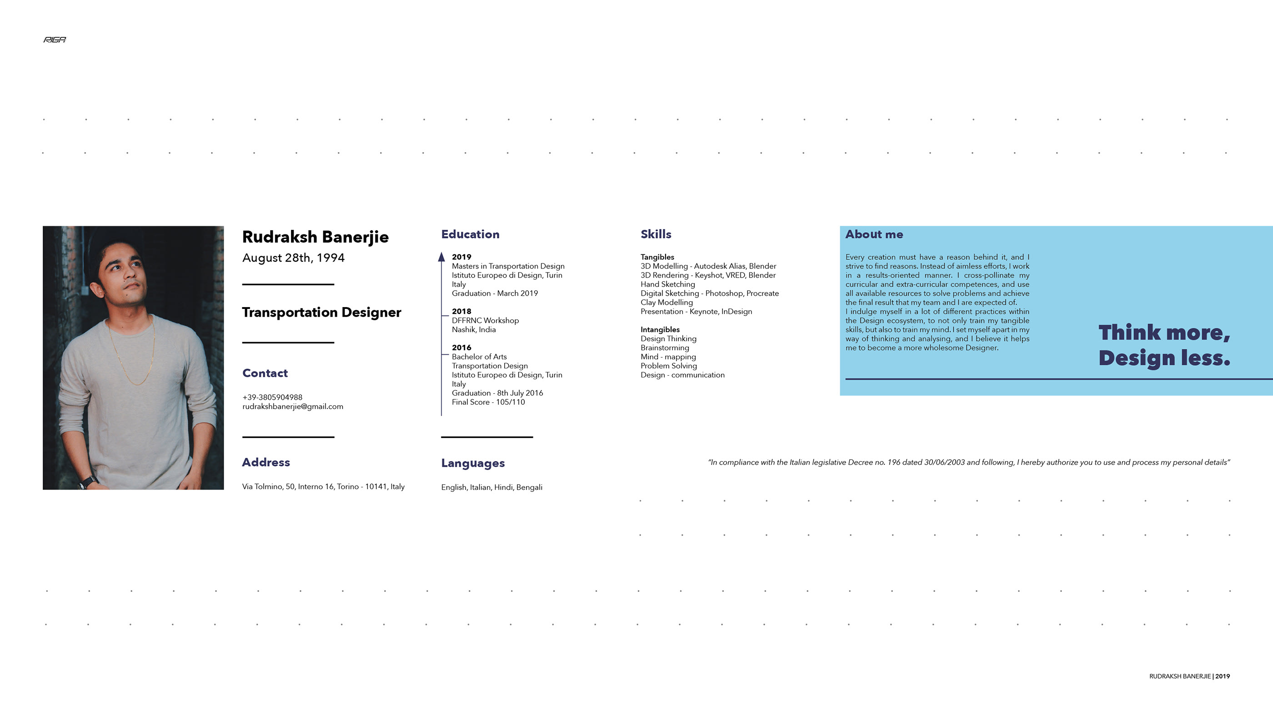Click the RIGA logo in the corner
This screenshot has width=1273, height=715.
(55, 40)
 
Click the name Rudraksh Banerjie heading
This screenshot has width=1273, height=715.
(315, 237)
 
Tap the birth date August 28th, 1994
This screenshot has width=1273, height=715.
(293, 258)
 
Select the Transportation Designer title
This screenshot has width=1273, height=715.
(321, 313)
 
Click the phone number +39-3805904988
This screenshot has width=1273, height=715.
(272, 397)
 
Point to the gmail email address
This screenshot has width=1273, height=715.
(292, 407)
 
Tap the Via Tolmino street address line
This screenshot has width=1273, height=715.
(323, 487)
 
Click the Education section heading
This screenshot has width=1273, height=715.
(470, 234)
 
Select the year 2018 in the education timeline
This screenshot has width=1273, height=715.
(461, 312)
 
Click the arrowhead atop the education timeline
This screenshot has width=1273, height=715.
(441, 257)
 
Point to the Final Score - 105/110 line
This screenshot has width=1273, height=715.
(488, 402)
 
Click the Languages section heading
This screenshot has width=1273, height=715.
(473, 463)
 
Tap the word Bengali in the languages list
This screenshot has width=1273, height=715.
(529, 487)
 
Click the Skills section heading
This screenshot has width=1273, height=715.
(656, 234)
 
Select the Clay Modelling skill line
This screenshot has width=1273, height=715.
(667, 303)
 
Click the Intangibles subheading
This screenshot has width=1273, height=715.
(660, 330)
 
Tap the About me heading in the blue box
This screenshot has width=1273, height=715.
(874, 234)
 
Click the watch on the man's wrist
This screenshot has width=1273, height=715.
(87, 481)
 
